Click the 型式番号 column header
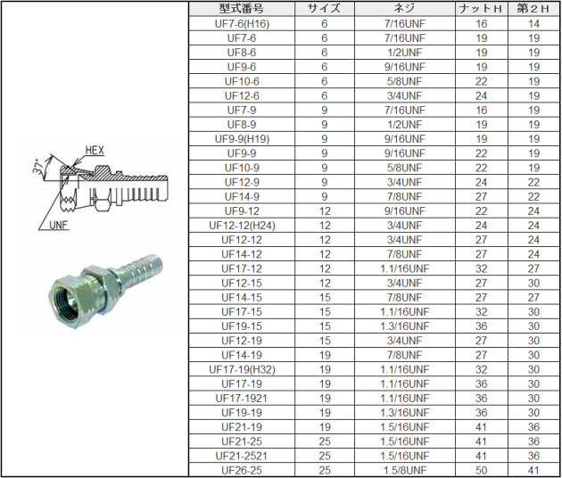[242, 9]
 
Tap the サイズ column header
[325, 9]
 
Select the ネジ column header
[405, 9]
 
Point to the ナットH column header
[481, 9]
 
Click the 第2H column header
[533, 9]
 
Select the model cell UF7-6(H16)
[242, 24]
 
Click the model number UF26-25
[242, 470]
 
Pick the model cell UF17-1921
[242, 398]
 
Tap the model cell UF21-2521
[242, 456]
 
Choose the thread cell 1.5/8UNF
[405, 470]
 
